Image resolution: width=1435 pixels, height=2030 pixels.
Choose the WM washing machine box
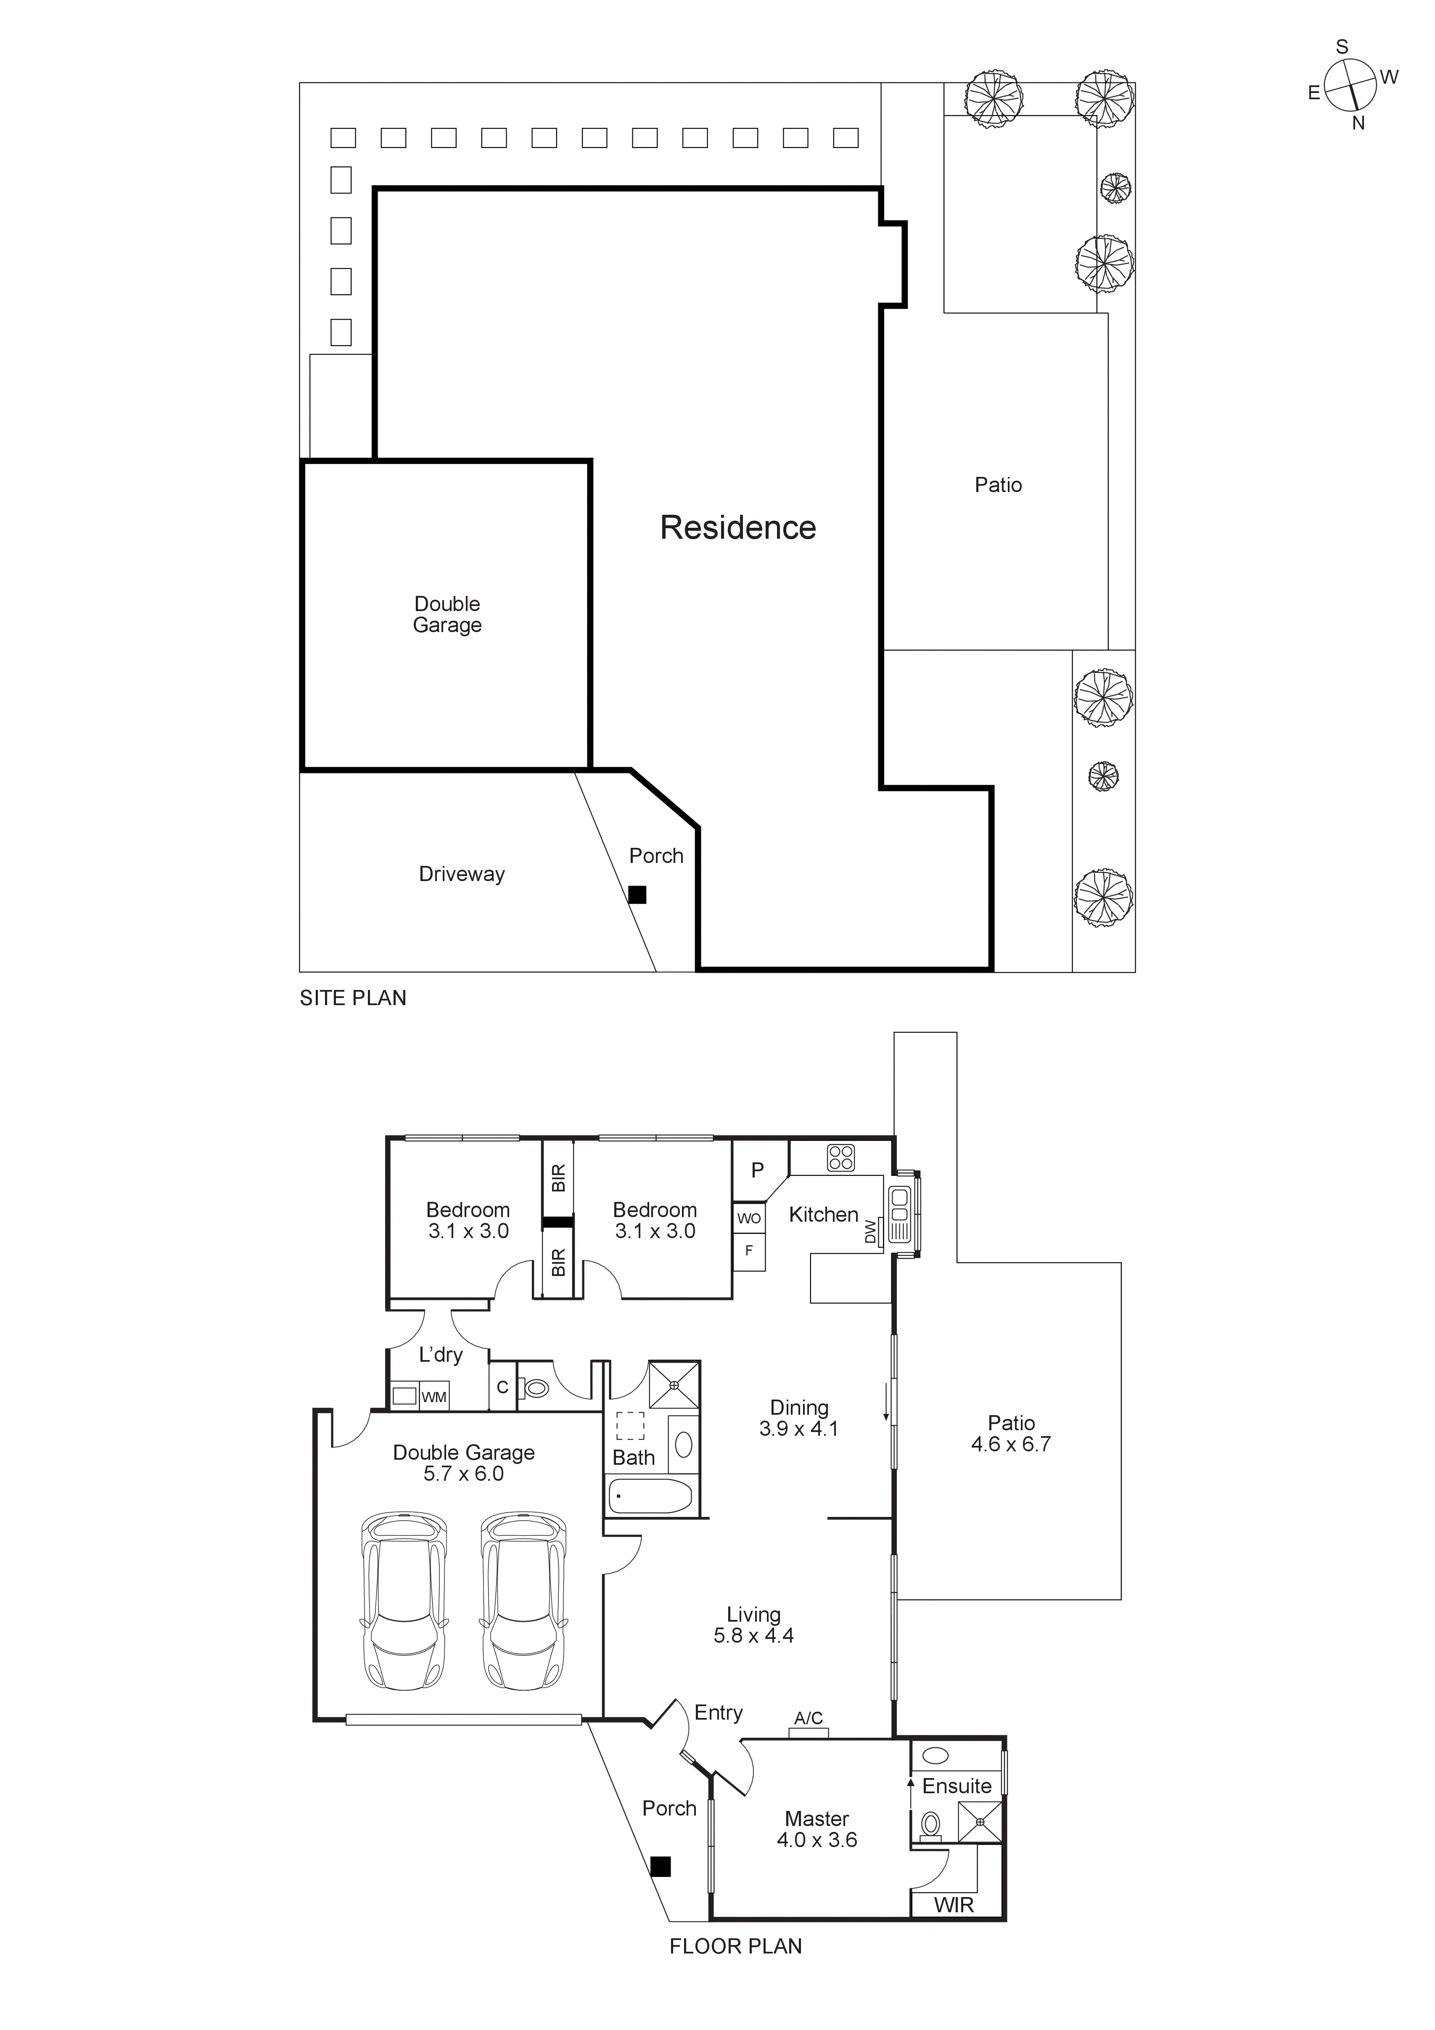tap(433, 1398)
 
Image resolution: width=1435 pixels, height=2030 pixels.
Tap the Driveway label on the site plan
tap(462, 874)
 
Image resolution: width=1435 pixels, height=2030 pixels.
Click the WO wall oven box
tap(749, 1218)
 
